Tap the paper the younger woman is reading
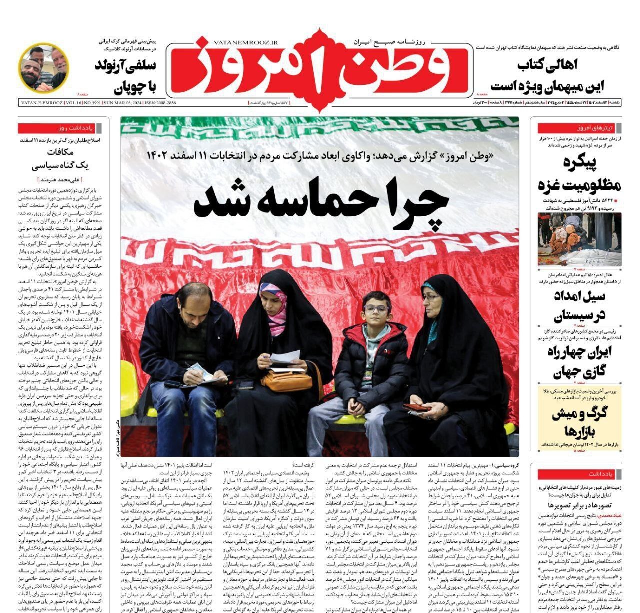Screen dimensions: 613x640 [x=286, y=358]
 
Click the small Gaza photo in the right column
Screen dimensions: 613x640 [x=579, y=239]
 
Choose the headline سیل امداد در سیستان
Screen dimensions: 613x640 [x=580, y=305]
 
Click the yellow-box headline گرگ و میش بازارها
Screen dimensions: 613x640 [x=579, y=422]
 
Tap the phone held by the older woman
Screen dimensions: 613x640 [x=416, y=407]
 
